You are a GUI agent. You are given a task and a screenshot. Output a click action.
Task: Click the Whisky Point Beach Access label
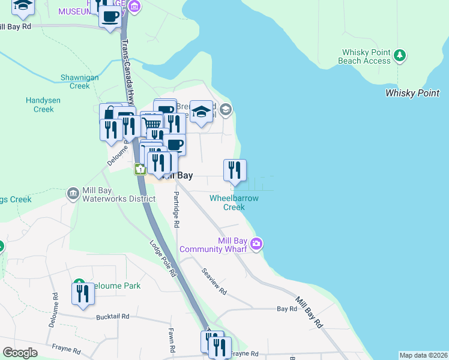(x=366, y=56)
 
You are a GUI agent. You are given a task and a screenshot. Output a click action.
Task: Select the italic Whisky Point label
(x=412, y=93)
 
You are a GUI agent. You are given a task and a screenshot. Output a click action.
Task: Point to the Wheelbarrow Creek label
(x=234, y=202)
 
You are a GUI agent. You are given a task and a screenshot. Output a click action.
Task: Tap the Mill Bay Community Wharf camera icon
(x=257, y=244)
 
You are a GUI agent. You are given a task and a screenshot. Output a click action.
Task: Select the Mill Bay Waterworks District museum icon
(x=73, y=193)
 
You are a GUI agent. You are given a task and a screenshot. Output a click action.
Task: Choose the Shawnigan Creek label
(x=75, y=82)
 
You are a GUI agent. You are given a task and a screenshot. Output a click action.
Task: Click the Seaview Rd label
(x=214, y=281)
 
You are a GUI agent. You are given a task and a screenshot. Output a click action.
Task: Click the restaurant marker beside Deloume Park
(x=83, y=293)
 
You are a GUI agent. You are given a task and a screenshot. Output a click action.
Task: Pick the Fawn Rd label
(x=172, y=340)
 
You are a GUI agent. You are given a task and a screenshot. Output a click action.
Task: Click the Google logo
(x=20, y=353)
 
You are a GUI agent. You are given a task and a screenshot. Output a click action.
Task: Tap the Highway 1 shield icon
(x=139, y=170)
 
